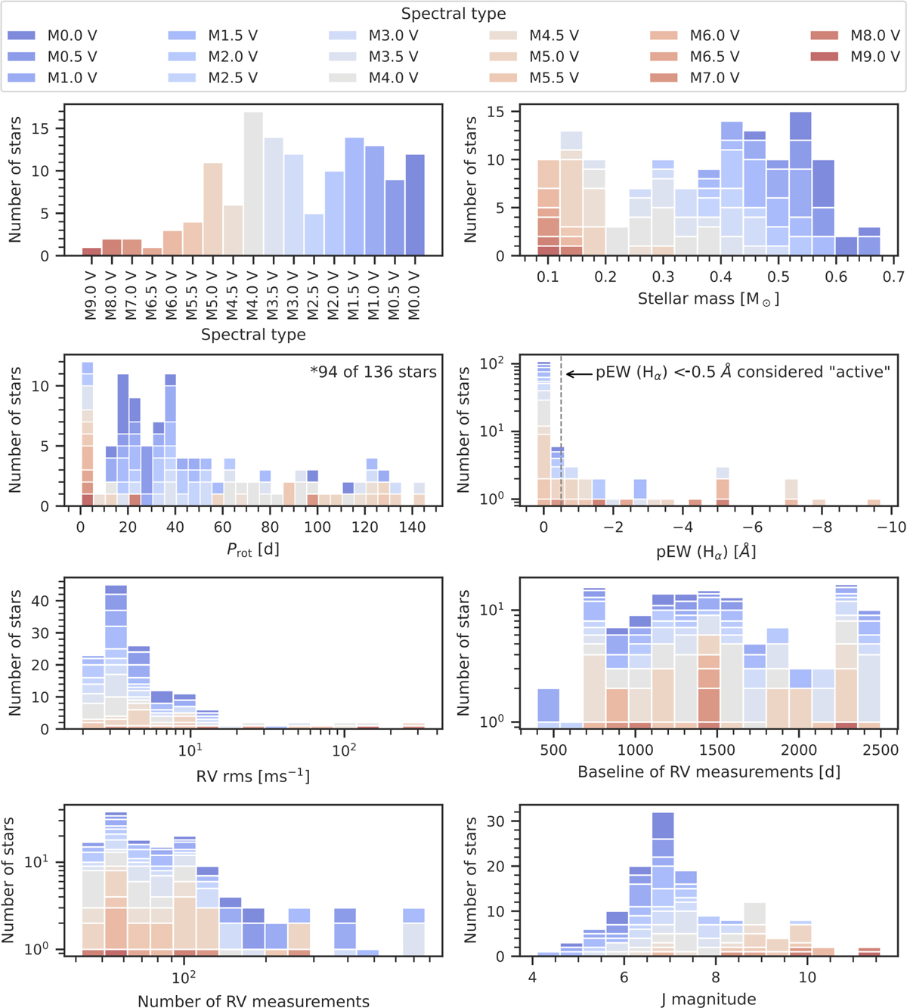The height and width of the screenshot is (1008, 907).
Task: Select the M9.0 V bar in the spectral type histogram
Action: coord(91,252)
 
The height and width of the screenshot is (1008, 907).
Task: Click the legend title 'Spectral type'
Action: coord(453,14)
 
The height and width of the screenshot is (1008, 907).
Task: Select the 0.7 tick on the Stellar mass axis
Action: coord(893,277)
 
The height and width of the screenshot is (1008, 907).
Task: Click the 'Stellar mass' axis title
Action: coord(708,299)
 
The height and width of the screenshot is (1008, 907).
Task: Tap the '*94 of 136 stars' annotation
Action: coord(373,372)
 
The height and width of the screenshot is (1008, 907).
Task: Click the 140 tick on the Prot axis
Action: coord(412,527)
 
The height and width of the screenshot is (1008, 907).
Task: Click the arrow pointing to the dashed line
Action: coord(578,373)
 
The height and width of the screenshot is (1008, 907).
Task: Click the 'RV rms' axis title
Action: coord(253,776)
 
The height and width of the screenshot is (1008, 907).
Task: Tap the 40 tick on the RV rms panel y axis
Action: coord(39,601)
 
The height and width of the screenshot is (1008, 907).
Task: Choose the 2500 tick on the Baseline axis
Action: coord(880,750)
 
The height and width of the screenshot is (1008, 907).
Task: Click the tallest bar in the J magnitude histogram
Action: coord(663,884)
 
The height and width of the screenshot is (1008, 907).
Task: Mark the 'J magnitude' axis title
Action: coord(708,1000)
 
